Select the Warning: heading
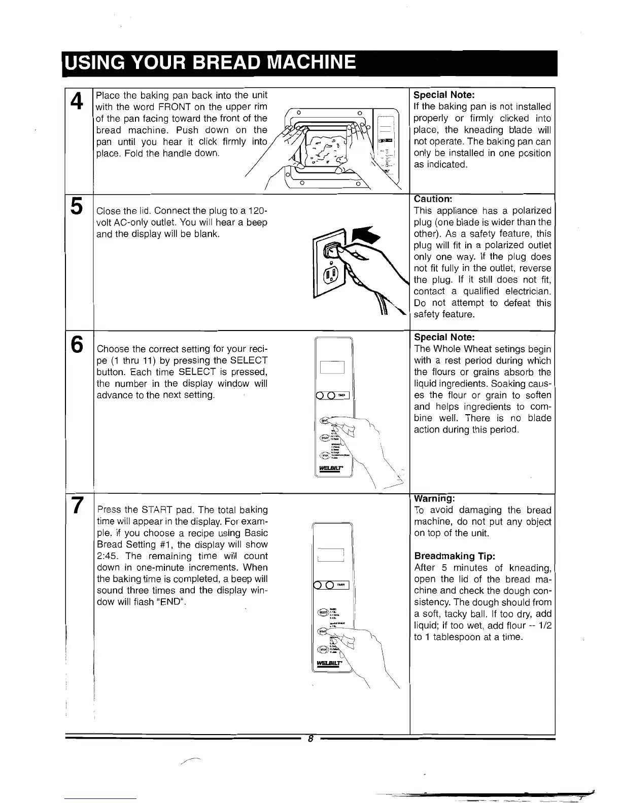(x=434, y=499)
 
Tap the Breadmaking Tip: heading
(x=450, y=556)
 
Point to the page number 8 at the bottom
(x=310, y=739)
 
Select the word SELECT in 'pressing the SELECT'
(x=249, y=360)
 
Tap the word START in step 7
(x=158, y=510)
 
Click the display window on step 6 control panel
(x=332, y=367)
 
